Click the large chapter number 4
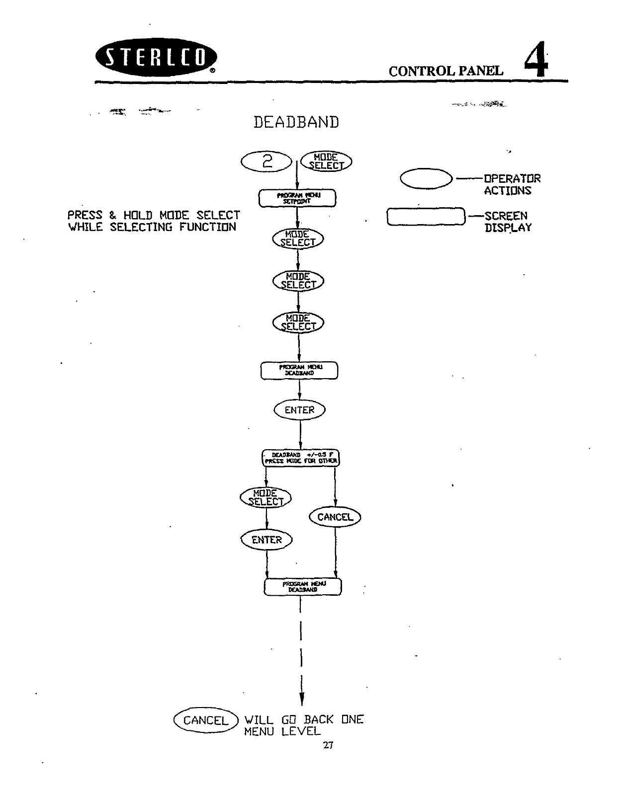[x=536, y=60]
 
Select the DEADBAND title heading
[x=296, y=122]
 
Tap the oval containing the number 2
[x=267, y=161]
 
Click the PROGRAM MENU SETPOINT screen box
[x=297, y=198]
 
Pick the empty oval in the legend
[x=426, y=179]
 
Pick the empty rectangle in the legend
[x=426, y=217]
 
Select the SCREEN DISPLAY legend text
[x=507, y=222]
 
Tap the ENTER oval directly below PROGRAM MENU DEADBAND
[x=299, y=410]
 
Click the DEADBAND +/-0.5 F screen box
[x=300, y=458]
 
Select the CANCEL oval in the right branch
[x=335, y=517]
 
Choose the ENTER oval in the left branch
[x=267, y=540]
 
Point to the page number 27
[x=328, y=745]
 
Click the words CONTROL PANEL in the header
[x=445, y=71]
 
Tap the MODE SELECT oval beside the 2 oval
[x=326, y=161]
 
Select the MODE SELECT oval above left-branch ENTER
[x=266, y=497]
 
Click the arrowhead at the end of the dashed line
[x=302, y=699]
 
